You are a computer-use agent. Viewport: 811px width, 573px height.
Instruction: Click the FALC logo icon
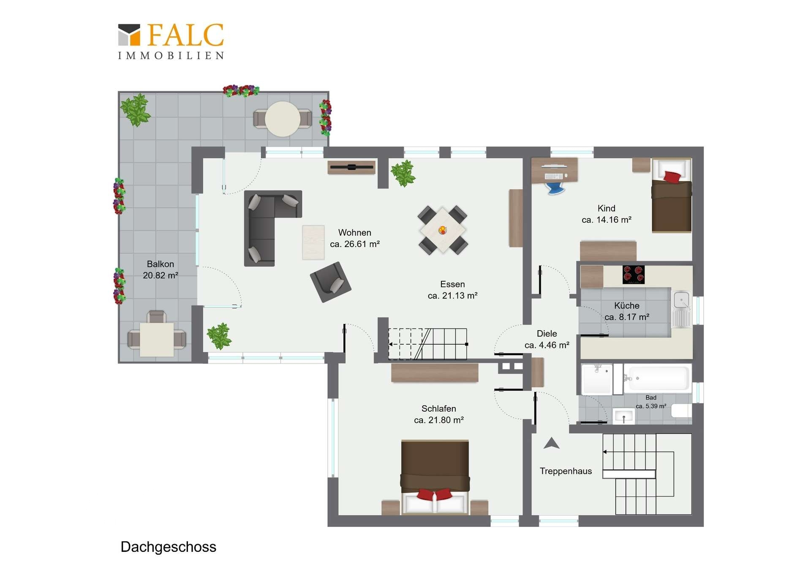click(x=129, y=35)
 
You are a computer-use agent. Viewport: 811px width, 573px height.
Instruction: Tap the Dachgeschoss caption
click(x=168, y=547)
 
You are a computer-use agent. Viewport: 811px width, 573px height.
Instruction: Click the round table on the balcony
click(x=283, y=119)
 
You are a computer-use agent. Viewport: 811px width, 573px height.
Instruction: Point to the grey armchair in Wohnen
click(x=331, y=282)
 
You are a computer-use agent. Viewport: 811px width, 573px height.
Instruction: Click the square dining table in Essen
click(x=443, y=230)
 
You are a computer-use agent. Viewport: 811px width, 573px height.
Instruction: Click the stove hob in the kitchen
click(x=634, y=274)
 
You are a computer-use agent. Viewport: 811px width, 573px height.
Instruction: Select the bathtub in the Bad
click(x=657, y=378)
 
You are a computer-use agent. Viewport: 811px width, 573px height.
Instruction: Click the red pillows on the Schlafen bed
click(x=435, y=494)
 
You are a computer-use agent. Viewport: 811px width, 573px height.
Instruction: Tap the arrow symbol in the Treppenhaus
click(x=551, y=443)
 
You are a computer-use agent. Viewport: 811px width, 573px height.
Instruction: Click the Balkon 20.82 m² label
click(x=161, y=269)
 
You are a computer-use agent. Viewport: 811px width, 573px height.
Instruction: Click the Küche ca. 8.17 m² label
click(x=627, y=311)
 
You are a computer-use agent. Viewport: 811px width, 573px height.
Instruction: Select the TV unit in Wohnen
click(x=351, y=167)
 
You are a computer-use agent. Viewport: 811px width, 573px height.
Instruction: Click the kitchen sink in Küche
click(x=681, y=309)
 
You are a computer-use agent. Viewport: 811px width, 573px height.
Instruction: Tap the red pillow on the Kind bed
click(x=672, y=177)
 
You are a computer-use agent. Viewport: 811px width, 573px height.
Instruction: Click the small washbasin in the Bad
click(x=623, y=416)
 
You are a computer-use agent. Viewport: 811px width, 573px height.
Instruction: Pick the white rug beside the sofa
click(x=313, y=242)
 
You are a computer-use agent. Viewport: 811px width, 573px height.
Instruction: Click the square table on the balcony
click(x=157, y=339)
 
